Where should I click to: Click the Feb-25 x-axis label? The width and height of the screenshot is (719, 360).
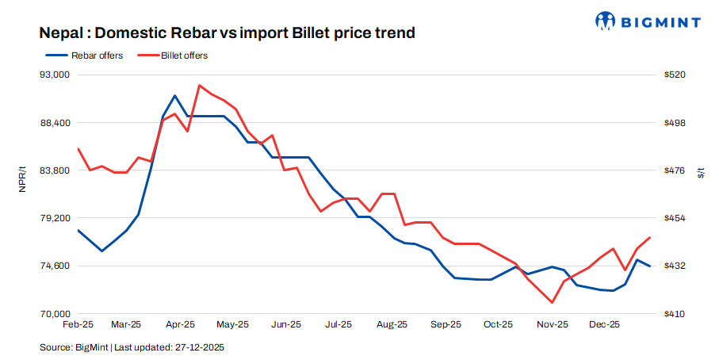(x=78, y=324)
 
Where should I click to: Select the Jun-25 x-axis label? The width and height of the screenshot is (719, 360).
(x=285, y=324)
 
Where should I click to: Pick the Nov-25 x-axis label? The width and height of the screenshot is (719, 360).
(x=552, y=324)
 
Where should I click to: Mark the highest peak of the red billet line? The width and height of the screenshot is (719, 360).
(x=199, y=85)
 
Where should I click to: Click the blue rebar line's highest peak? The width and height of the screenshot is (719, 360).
(x=174, y=95)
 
